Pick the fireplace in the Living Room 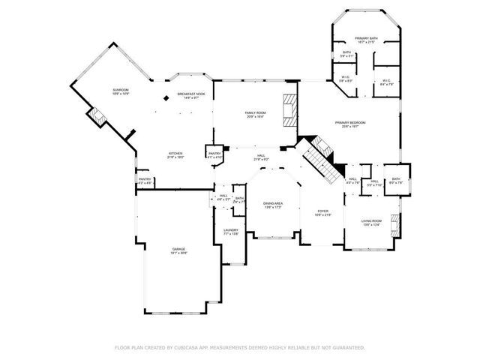pos(396,223)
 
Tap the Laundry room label pos(231,232)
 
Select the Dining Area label pos(272,205)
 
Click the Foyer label pos(322,213)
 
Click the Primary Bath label pos(367,37)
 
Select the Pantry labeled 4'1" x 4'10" pos(214,154)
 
